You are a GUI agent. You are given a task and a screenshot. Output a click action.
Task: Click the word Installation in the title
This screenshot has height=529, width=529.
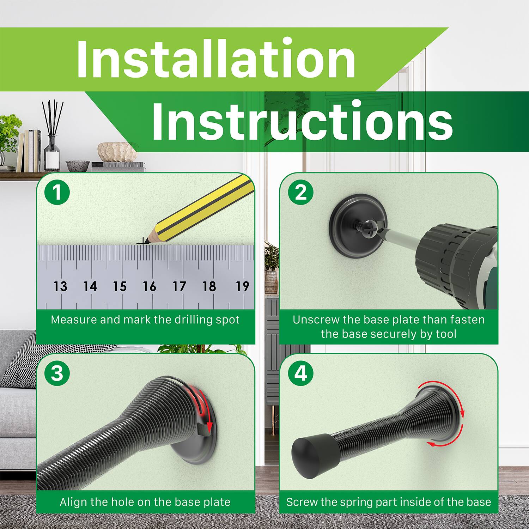pos(216,59)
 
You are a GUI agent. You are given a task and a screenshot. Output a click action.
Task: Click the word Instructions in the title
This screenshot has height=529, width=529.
pos(302,121)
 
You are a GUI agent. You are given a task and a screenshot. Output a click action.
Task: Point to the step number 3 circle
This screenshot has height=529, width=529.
pos(57,373)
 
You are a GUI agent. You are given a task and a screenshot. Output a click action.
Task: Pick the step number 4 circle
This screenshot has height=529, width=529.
pos(300,373)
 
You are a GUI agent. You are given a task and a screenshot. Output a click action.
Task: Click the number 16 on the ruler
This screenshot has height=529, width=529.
pos(149,286)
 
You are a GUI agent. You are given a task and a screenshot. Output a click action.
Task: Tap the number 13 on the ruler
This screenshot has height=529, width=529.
pos(60,286)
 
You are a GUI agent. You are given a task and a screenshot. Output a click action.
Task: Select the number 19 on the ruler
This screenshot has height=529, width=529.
pos(242,286)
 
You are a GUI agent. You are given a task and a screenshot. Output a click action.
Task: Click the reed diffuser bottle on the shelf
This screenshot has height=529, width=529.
pos(52,155)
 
